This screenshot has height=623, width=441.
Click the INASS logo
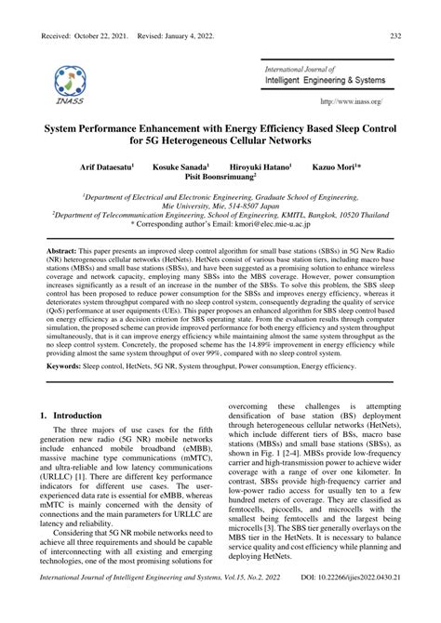pos(69,83)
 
